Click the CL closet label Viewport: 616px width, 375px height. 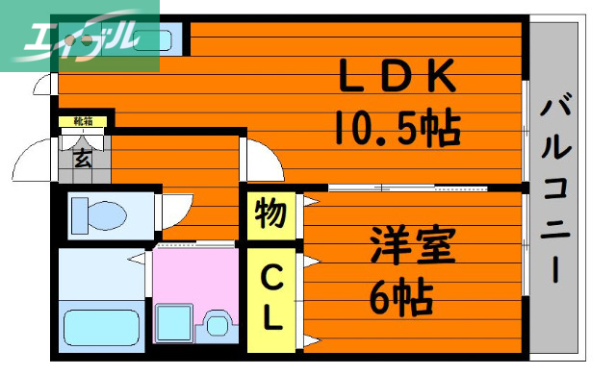[271, 298]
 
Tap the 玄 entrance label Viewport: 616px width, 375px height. [83, 160]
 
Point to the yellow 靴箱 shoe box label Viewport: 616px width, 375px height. [83, 121]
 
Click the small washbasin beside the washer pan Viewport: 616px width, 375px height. [218, 324]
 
